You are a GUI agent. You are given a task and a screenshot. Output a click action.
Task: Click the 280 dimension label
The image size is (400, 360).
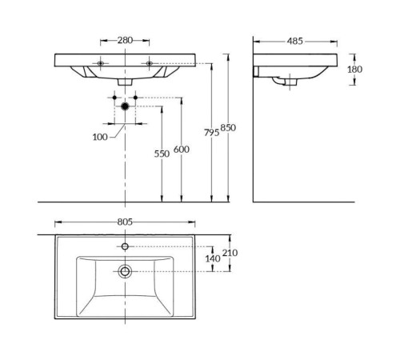125,40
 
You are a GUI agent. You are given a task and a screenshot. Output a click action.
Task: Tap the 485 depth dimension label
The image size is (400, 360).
295,41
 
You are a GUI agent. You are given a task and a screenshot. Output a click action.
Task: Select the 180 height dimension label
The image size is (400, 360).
354,70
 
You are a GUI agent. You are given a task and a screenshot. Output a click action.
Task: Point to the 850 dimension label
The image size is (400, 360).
228,128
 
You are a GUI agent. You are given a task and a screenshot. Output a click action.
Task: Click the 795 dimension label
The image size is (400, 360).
212,133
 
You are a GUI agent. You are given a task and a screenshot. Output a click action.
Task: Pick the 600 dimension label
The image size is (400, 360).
182,150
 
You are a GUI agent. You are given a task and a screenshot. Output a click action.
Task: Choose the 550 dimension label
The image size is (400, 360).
162,154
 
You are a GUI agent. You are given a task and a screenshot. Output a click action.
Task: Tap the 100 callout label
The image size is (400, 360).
100,137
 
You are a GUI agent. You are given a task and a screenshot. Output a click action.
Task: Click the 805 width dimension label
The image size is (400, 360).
125,222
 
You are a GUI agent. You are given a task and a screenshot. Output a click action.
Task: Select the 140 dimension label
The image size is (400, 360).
213,258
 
